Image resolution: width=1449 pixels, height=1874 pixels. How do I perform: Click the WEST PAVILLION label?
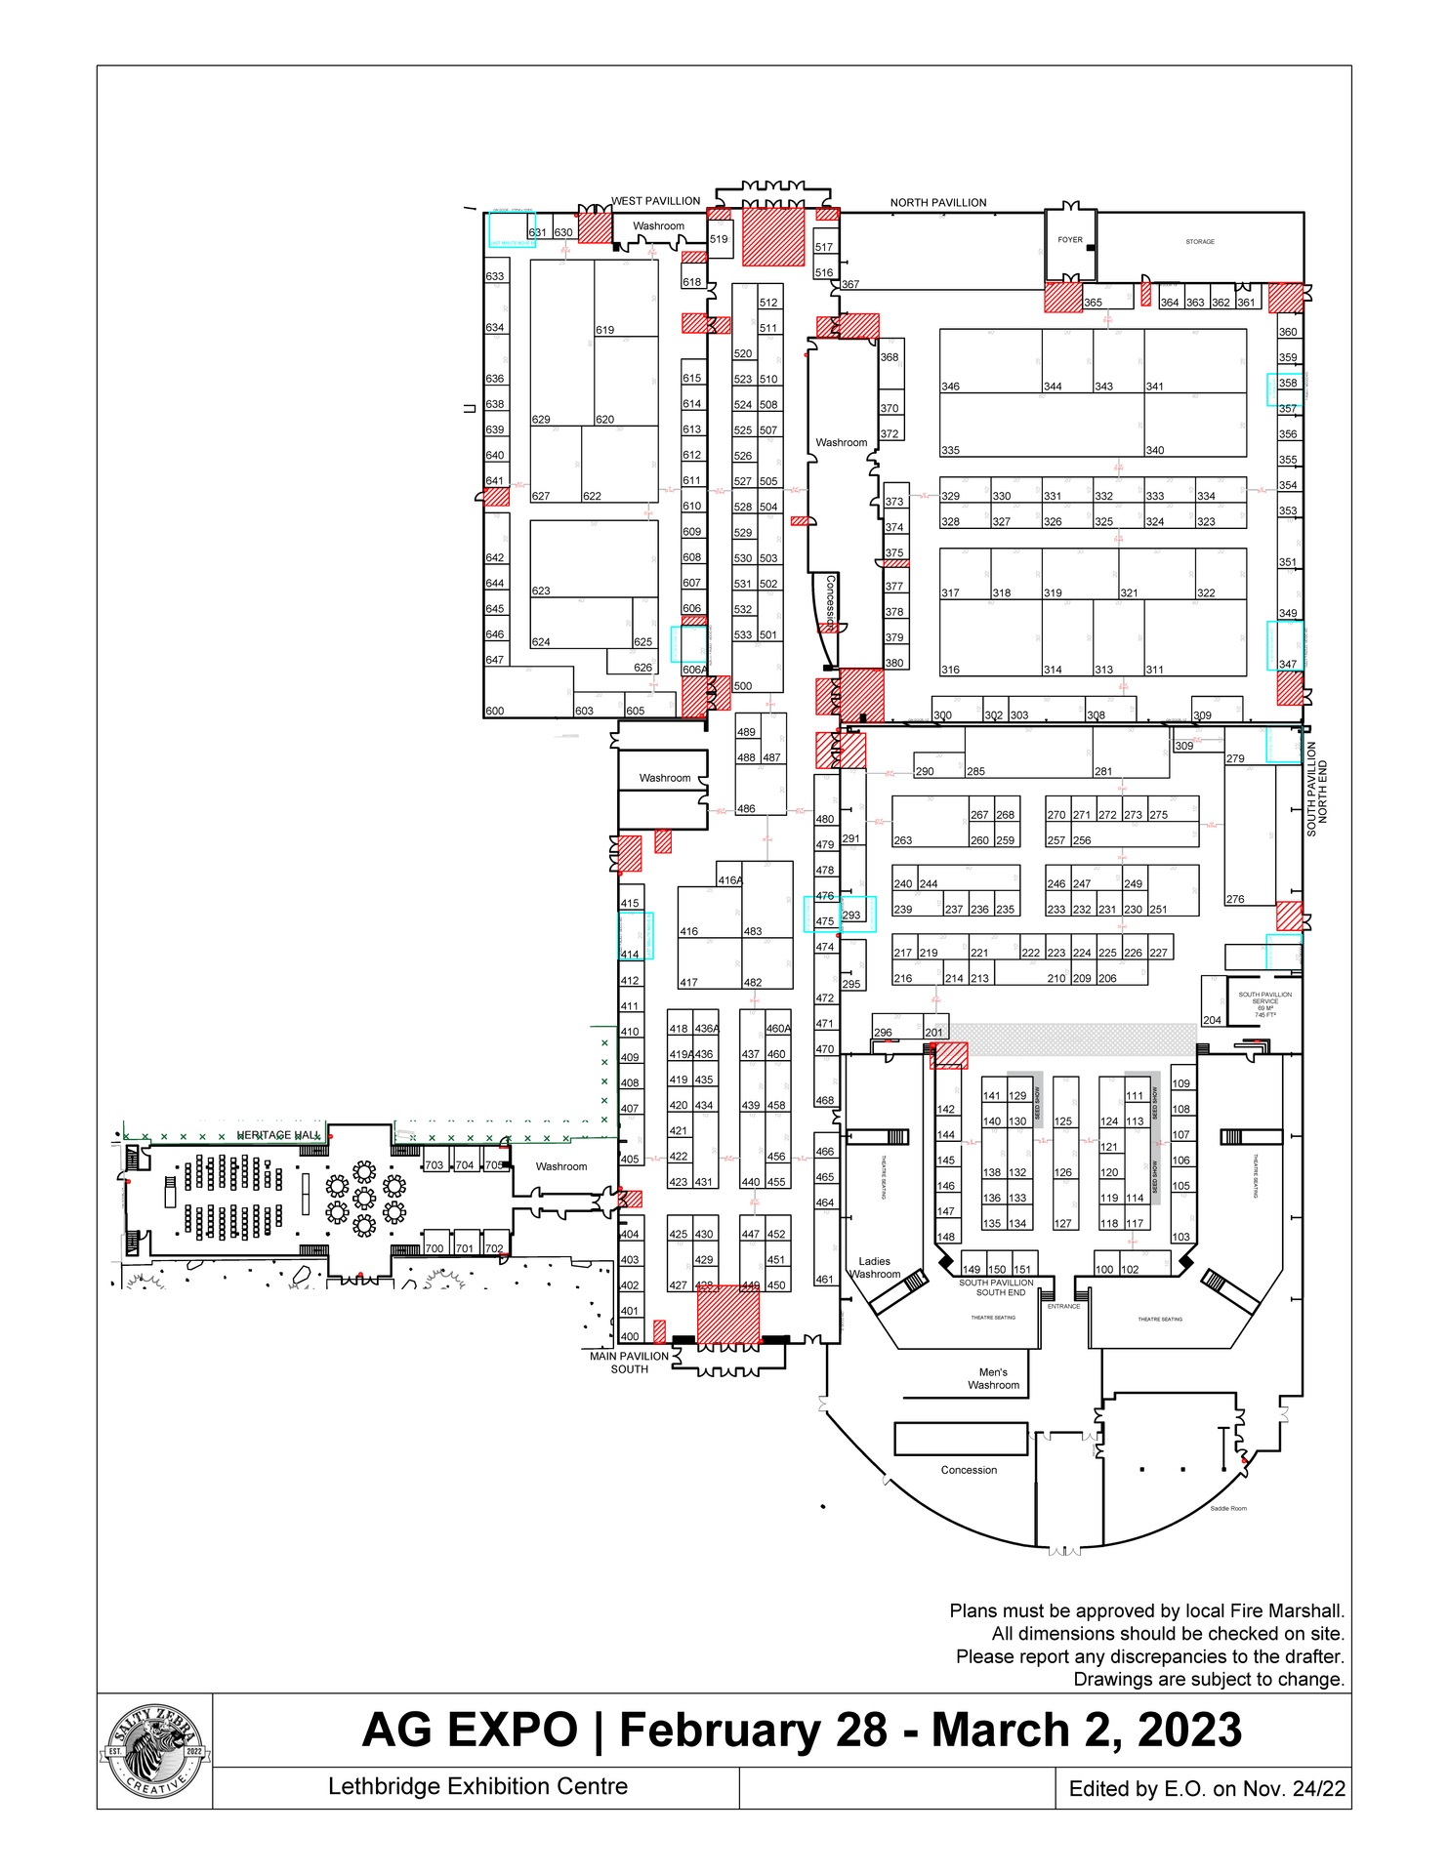[x=655, y=201]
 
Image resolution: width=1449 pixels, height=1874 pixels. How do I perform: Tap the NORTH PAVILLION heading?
[x=937, y=203]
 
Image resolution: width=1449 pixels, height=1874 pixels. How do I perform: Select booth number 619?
[x=605, y=330]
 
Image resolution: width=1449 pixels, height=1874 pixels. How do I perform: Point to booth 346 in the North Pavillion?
[x=950, y=387]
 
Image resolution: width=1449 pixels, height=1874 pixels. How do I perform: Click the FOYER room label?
[x=1070, y=240]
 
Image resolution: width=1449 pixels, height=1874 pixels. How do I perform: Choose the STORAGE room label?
[x=1200, y=242]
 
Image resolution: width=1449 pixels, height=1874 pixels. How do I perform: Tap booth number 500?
[x=743, y=686]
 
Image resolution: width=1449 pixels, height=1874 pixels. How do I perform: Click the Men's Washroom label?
[x=993, y=1378]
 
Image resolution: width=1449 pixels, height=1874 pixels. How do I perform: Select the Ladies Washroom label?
[x=875, y=1267]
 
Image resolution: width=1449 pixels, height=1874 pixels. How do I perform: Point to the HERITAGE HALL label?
[x=278, y=1135]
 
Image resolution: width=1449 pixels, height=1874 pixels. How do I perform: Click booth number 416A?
[x=730, y=880]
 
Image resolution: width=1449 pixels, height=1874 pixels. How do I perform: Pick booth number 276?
[x=1235, y=900]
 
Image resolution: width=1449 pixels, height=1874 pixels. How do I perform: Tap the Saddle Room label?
[x=1227, y=1509]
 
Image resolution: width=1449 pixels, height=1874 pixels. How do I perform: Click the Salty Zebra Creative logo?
[x=155, y=1751]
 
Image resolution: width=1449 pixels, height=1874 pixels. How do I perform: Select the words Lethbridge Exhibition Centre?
[x=477, y=1787]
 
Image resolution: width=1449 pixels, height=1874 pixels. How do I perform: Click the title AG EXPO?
[x=470, y=1731]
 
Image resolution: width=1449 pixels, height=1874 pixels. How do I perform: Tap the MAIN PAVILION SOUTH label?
[x=630, y=1363]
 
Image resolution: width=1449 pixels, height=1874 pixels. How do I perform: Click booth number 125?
[x=1063, y=1121]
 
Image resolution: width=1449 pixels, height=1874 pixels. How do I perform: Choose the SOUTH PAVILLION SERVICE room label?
[x=1264, y=1002]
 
